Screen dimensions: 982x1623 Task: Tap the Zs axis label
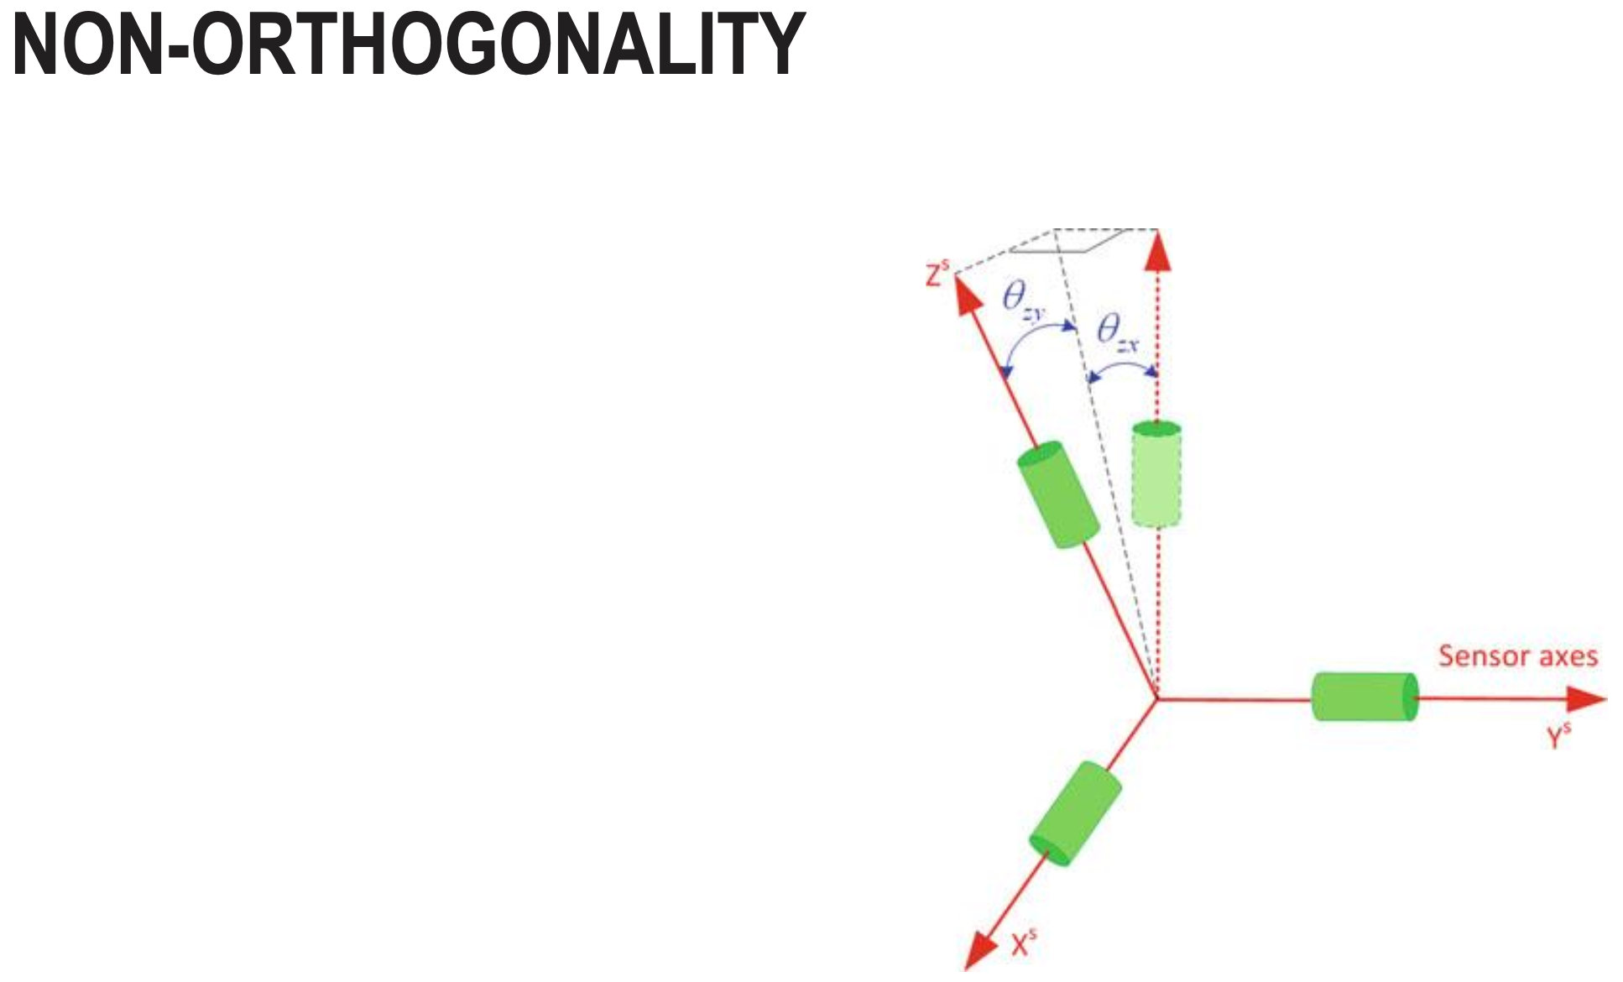(937, 274)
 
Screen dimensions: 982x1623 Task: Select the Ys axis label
(1558, 736)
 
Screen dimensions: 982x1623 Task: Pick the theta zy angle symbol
(1022, 300)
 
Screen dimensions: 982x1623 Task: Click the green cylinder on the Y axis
(1365, 697)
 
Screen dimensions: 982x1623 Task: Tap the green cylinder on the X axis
(1075, 813)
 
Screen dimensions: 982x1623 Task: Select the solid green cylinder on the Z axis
(1058, 495)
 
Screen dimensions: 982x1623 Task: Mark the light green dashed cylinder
(1156, 475)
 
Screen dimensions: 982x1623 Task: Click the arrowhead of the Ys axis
(1588, 698)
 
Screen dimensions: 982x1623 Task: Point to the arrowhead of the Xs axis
(978, 952)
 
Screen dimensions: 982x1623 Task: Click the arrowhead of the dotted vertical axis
(1158, 251)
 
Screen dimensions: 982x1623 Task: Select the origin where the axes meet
(1157, 698)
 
